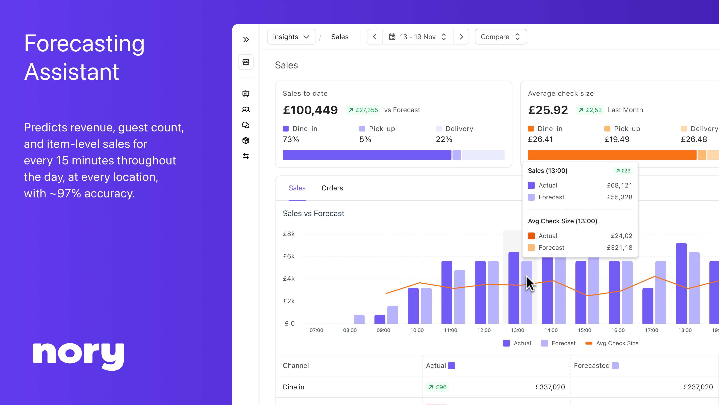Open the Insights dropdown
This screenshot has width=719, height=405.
tap(291, 37)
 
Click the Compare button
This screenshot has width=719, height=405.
tap(501, 37)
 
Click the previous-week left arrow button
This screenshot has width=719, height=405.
tap(374, 37)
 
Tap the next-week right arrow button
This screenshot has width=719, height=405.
tap(461, 37)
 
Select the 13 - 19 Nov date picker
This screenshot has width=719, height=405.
tap(418, 37)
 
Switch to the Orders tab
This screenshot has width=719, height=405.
tap(332, 188)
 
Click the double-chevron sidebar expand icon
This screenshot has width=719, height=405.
tap(246, 39)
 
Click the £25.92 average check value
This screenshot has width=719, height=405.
tap(548, 110)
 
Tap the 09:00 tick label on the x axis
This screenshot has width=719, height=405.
tap(383, 330)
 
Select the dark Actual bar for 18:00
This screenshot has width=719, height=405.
tap(681, 283)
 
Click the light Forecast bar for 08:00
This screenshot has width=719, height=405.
tap(359, 319)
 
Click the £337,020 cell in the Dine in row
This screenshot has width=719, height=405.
tap(550, 387)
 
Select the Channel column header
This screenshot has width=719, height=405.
tap(296, 366)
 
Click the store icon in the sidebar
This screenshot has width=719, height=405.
tap(246, 62)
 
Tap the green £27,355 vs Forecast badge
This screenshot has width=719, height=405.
tap(363, 110)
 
